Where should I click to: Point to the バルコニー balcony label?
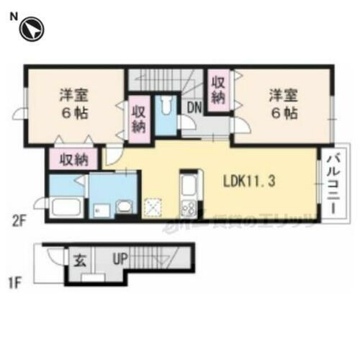(332, 184)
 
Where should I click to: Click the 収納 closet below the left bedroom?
(73, 158)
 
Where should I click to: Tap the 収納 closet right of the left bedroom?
(139, 117)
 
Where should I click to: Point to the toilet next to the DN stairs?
(166, 108)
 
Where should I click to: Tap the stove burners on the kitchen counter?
(189, 208)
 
